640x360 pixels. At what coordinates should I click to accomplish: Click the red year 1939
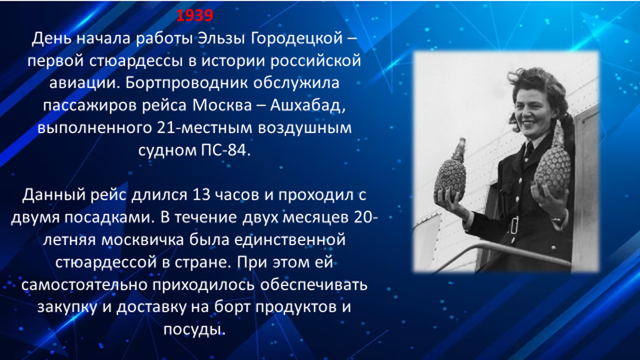click(x=195, y=15)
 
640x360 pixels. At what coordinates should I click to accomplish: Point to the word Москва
click(x=222, y=105)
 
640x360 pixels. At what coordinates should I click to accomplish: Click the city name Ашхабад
click(x=307, y=106)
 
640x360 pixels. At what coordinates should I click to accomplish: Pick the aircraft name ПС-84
click(x=225, y=150)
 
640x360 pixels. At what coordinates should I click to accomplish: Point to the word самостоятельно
click(x=84, y=284)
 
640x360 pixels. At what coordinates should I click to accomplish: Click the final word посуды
click(x=194, y=329)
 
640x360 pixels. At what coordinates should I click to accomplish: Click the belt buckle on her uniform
click(x=514, y=225)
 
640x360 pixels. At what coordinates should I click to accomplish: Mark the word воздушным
click(x=304, y=127)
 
